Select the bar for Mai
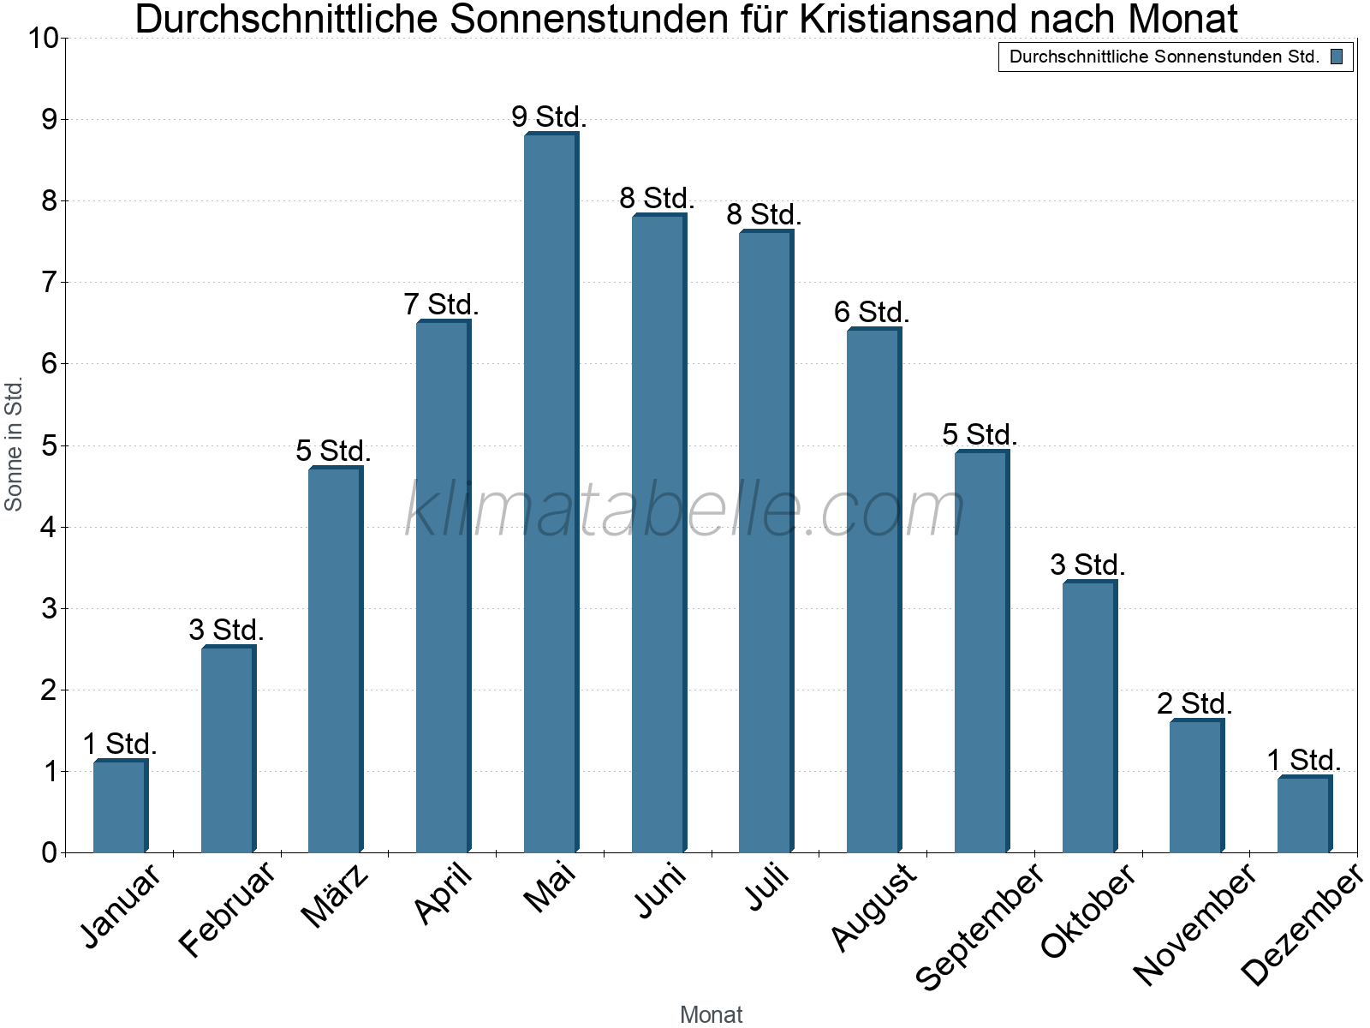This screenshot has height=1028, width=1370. tap(551, 493)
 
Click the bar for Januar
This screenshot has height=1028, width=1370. tap(120, 806)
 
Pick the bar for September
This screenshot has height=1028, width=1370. tap(981, 651)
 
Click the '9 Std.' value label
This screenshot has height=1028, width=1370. tap(549, 117)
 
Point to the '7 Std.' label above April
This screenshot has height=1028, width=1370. tap(441, 304)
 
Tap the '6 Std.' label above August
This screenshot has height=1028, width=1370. tap(872, 313)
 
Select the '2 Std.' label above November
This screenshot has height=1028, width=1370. tap(1194, 704)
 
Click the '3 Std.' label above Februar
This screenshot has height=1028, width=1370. tap(226, 631)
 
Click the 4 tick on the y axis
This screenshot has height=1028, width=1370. tap(48, 527)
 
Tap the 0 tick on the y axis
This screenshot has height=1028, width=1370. tap(48, 852)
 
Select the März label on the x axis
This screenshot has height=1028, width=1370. tap(336, 896)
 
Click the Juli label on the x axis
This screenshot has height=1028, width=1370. tap(767, 888)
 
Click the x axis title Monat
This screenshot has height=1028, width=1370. tap(711, 1014)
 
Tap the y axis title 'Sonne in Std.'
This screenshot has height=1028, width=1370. tap(14, 445)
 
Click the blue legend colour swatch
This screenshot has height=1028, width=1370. tap(1337, 57)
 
